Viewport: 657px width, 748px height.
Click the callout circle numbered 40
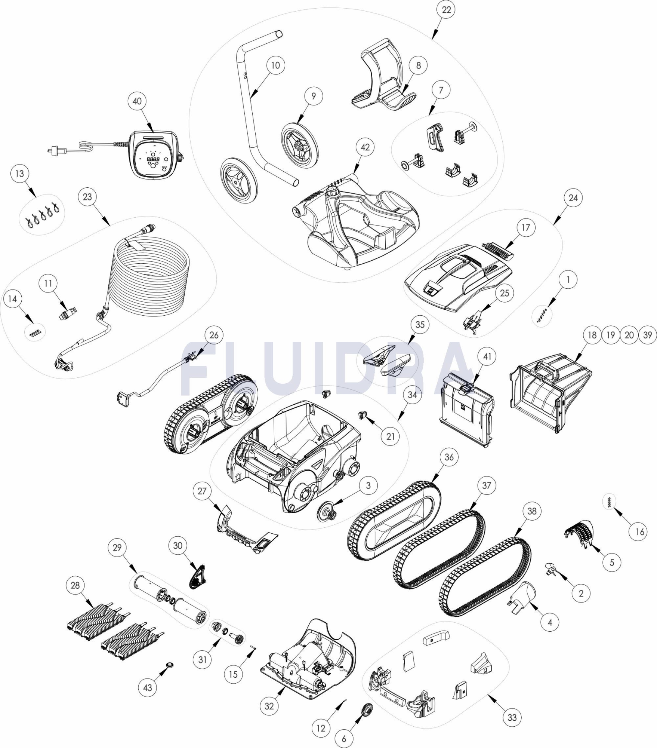137,101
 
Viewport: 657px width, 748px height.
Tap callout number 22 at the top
446,10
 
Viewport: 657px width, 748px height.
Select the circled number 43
148,687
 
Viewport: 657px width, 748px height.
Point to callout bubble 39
648,335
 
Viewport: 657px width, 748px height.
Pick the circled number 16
639,531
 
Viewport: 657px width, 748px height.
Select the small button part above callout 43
170,665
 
